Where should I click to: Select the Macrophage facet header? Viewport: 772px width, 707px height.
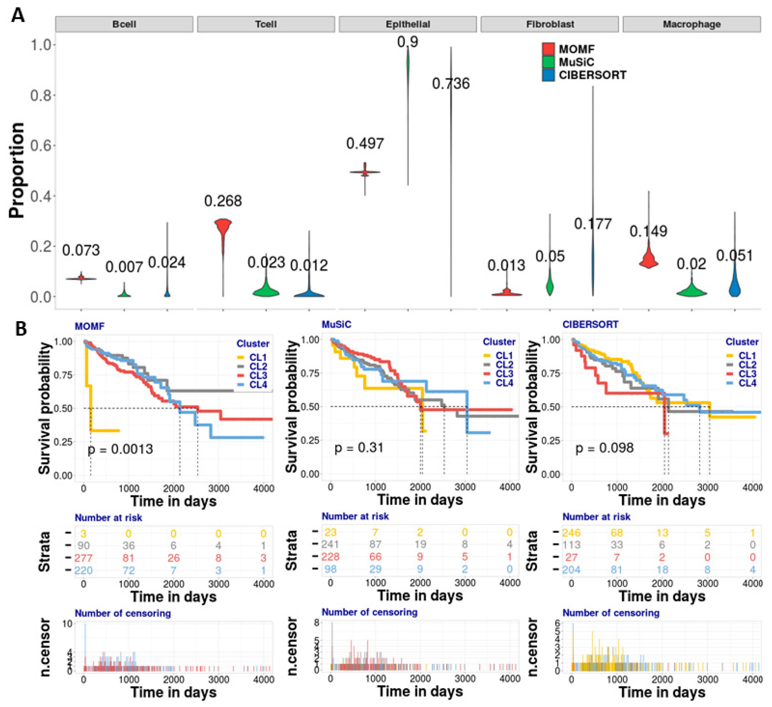(692, 24)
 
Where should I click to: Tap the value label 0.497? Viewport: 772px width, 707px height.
(365, 144)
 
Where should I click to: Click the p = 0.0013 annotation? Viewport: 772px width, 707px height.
(120, 449)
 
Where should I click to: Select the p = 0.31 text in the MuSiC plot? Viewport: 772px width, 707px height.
(359, 448)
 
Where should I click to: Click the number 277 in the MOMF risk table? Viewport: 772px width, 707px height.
(84, 558)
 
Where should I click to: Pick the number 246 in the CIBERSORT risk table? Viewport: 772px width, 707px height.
(571, 533)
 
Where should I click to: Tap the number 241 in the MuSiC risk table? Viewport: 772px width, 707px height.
(331, 544)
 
